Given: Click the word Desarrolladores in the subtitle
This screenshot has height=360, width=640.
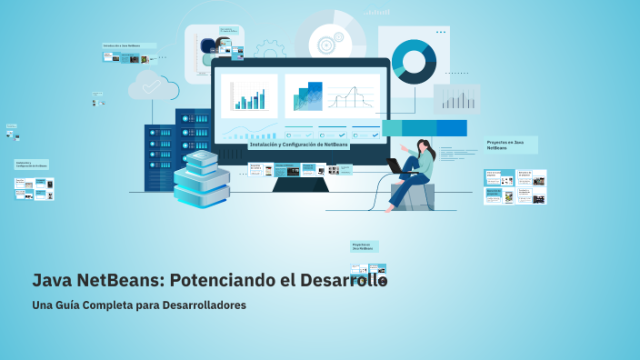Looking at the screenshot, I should [205, 305].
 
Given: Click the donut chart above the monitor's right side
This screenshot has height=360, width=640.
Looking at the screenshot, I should [414, 61].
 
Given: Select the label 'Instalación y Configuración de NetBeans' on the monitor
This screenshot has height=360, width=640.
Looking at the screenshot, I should [298, 145].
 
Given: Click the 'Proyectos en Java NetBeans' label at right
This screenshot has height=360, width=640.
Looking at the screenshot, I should [510, 145].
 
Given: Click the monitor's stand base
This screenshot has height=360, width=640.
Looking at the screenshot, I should [300, 185].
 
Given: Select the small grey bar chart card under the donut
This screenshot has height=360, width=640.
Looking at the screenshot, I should [456, 98].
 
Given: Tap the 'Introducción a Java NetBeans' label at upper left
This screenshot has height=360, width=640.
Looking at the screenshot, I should [128, 45].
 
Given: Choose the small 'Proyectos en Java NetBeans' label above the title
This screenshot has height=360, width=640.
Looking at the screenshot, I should [364, 245].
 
